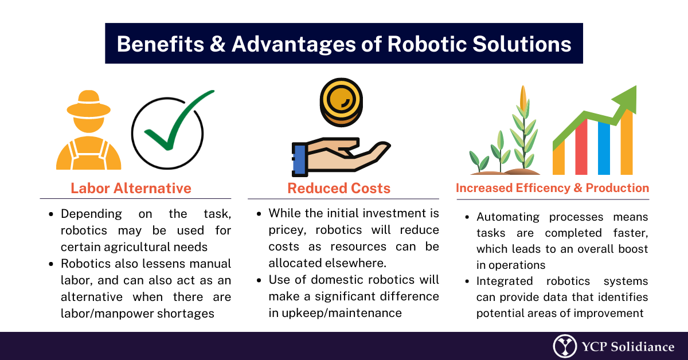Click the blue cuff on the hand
299,159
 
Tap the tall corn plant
523,132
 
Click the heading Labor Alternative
131,188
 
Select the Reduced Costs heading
339,188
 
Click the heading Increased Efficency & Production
552,188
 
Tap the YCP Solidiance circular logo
565,346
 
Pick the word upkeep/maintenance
347,313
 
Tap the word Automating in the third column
509,217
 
